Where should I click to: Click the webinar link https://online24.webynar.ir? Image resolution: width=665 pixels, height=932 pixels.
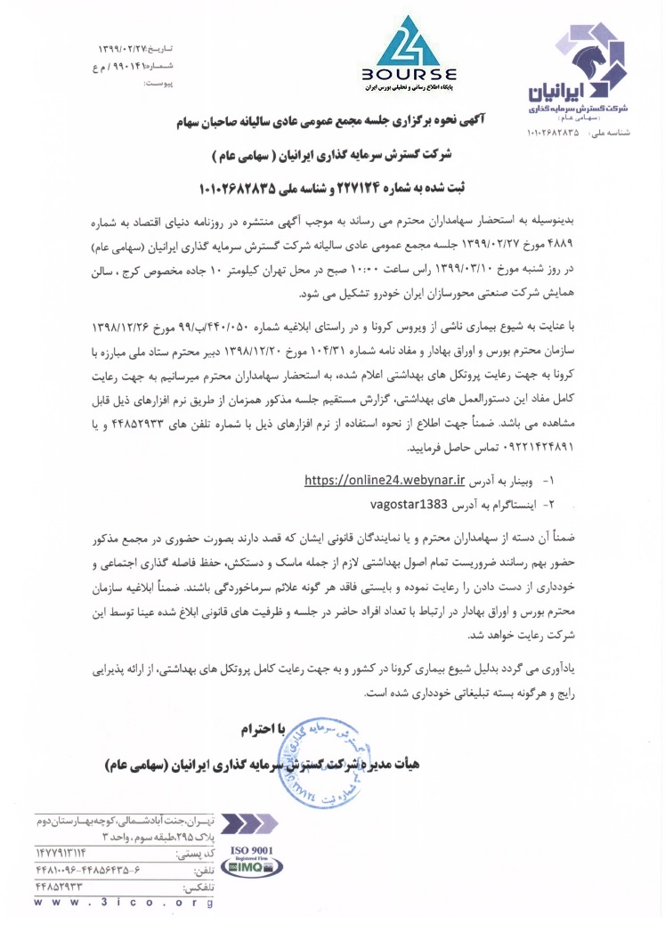click(x=385, y=481)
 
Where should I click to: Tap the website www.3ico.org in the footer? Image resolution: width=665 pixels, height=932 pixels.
click(x=125, y=904)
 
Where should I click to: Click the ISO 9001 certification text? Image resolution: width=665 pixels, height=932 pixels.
click(x=252, y=850)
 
